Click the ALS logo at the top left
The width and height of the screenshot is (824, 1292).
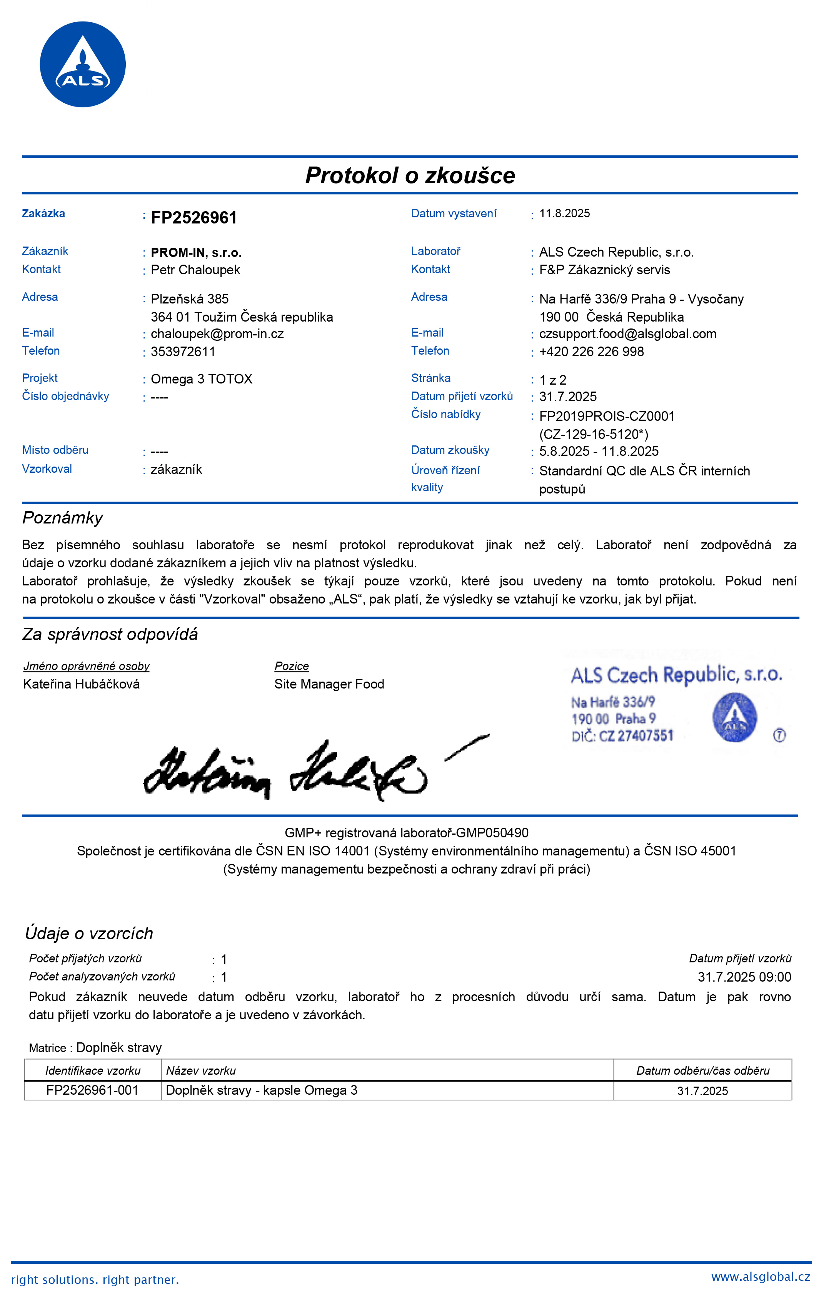point(83,64)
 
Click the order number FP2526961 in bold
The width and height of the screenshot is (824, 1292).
point(193,218)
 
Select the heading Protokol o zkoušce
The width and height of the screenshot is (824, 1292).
point(410,175)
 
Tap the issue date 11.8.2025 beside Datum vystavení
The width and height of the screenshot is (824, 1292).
point(564,213)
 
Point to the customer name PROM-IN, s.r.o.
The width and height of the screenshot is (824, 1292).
point(196,253)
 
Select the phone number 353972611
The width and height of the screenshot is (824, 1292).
point(183,352)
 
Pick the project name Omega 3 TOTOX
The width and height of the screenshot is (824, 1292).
point(201,379)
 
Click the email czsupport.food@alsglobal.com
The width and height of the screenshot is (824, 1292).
point(628,334)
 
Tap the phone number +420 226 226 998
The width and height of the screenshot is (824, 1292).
point(591,352)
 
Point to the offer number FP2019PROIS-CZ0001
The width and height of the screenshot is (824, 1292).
point(607,416)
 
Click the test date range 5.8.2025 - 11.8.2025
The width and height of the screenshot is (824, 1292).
point(599,451)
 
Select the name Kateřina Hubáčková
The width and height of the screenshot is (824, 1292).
point(82,684)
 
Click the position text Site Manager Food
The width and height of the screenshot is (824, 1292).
point(329,684)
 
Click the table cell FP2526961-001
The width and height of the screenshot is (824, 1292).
point(92,1090)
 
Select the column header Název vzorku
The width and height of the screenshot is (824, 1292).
point(201,1071)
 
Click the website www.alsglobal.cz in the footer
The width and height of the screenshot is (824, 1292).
point(760,1277)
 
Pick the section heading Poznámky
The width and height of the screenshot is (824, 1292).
point(63,518)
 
